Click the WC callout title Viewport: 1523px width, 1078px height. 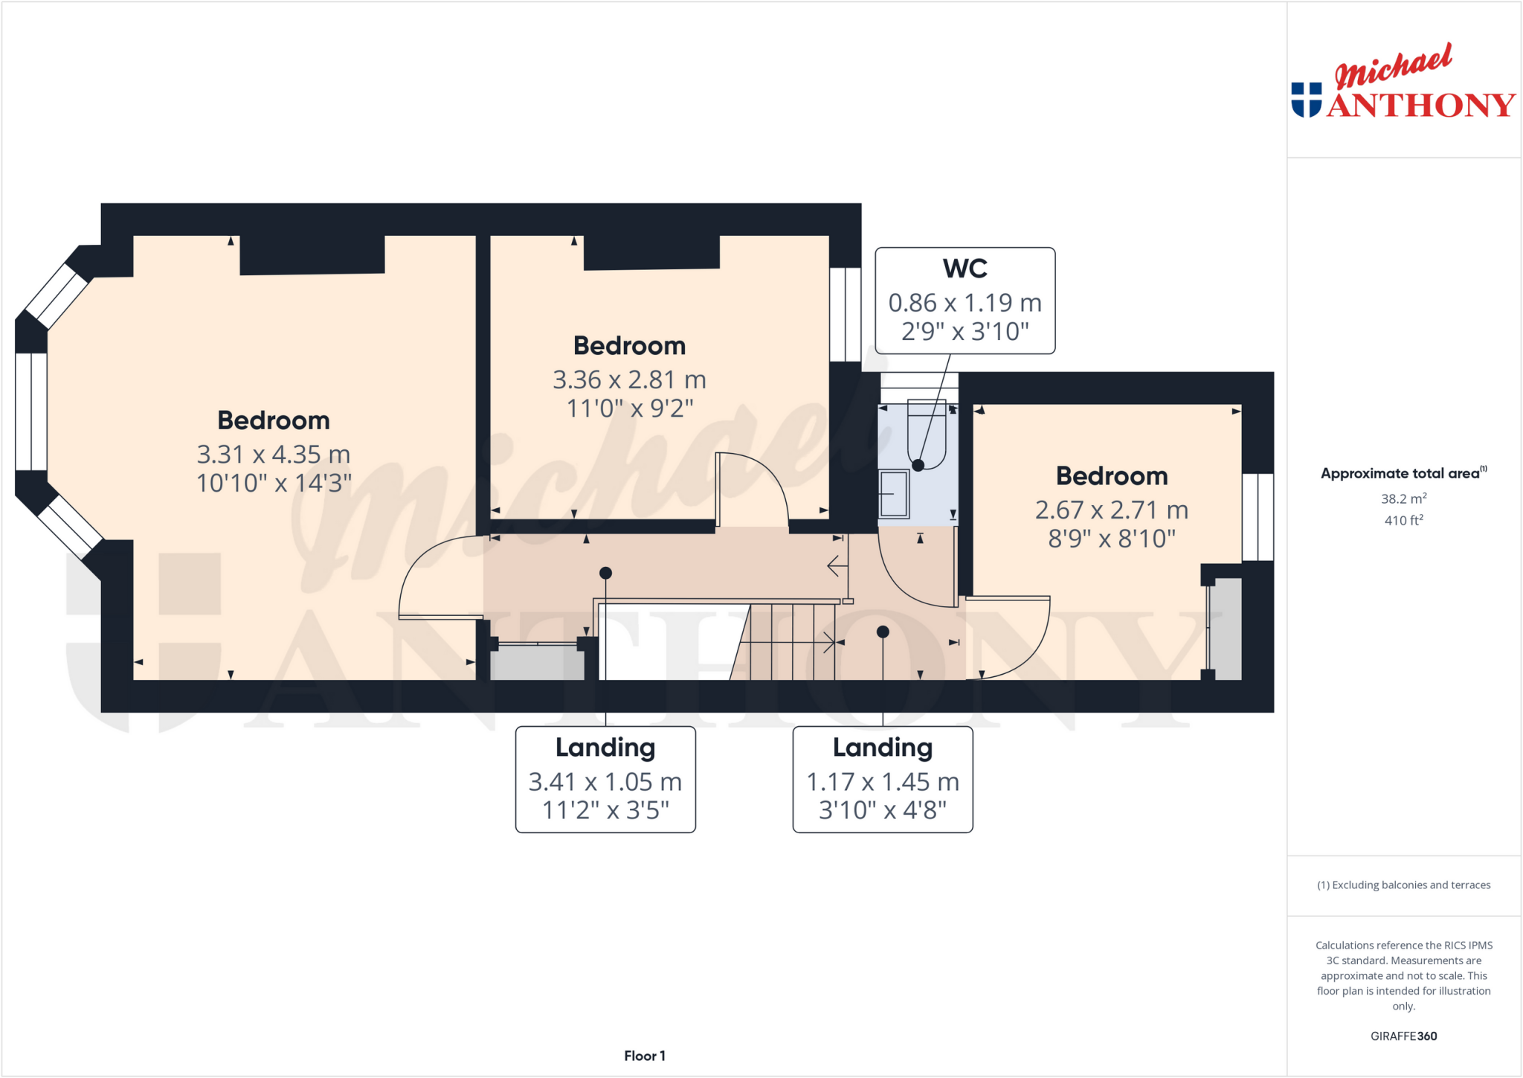click(965, 269)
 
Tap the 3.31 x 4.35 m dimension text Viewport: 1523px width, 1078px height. click(273, 455)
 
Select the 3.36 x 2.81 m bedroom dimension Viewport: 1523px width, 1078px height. click(629, 380)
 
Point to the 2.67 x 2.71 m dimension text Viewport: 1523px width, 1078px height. click(1111, 510)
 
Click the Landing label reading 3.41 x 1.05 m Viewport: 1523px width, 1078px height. click(605, 780)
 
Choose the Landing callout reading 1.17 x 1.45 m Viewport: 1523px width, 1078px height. click(883, 780)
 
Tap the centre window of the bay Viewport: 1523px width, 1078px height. click(31, 411)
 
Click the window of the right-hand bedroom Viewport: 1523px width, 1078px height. click(1258, 517)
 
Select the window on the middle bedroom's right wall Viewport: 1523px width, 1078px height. click(845, 315)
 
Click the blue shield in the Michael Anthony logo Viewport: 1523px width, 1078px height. click(1306, 100)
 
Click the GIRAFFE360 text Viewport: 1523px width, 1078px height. click(1403, 1036)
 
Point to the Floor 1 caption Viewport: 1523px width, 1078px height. click(644, 1056)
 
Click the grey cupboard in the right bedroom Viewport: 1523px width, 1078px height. click(1226, 629)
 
